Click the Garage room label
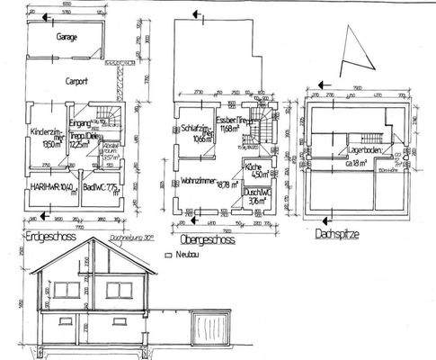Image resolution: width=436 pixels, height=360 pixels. point(66,39)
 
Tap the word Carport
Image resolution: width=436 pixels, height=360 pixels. point(76,80)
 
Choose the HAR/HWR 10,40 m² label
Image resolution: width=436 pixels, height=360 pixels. point(53,189)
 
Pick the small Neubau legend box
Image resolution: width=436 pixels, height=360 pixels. point(167,255)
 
